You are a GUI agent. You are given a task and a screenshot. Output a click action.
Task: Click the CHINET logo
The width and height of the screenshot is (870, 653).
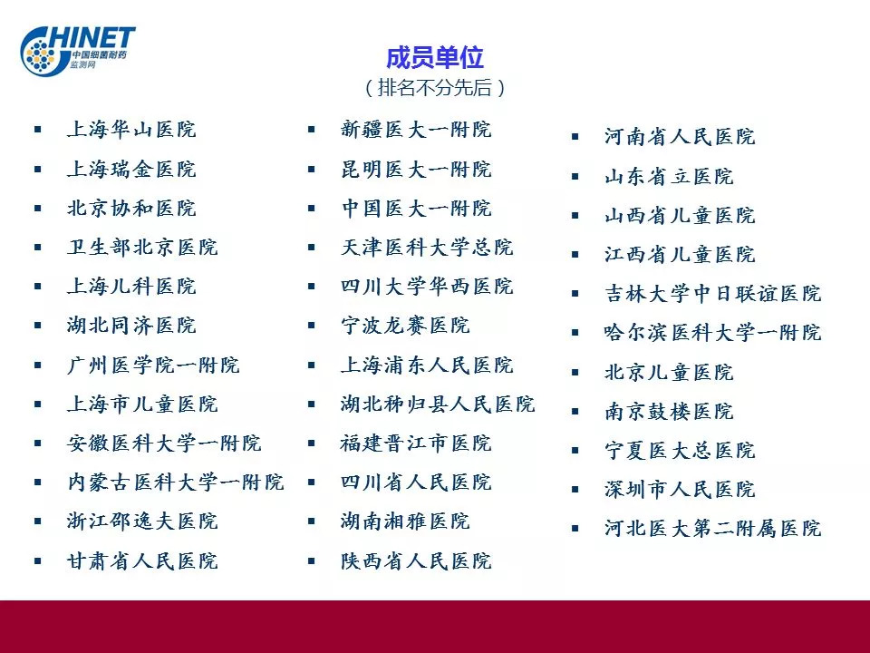tap(78, 50)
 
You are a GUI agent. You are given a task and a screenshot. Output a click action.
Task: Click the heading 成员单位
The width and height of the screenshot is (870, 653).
tap(435, 58)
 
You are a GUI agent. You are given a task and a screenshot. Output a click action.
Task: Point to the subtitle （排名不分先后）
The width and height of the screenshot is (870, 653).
tap(435, 88)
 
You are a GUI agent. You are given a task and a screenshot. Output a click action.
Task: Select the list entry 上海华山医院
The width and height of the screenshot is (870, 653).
tap(131, 130)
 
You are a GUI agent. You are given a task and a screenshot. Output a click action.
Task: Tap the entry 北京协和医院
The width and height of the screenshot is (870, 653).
tap(131, 209)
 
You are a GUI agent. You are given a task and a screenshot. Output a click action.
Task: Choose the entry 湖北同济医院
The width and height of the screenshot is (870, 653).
tap(131, 326)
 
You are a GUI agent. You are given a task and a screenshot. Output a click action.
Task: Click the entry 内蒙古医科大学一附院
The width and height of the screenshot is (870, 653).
tap(175, 482)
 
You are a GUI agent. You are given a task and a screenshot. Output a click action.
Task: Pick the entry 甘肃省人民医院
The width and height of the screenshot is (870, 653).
tap(142, 560)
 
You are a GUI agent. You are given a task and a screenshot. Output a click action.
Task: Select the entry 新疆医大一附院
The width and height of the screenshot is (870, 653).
tap(416, 130)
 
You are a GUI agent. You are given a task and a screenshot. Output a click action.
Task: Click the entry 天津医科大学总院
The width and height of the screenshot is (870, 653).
tap(427, 247)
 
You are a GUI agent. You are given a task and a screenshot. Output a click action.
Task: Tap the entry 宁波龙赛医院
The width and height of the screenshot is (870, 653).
tap(405, 326)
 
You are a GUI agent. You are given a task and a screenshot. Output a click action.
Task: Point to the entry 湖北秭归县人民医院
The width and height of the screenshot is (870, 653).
tap(438, 404)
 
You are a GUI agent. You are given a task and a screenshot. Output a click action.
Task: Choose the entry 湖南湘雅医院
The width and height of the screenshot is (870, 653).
tap(405, 521)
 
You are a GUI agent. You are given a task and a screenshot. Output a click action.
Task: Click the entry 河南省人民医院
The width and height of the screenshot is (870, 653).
tap(680, 137)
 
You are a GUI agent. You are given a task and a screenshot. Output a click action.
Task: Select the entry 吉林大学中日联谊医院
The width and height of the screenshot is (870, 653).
tap(712, 293)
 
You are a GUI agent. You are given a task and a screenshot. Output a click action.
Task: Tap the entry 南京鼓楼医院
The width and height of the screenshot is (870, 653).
tap(669, 412)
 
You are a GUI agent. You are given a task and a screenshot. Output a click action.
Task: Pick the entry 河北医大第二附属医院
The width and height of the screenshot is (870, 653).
tap(712, 528)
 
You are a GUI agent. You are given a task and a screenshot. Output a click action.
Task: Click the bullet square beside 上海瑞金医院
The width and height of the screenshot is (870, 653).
tap(38, 170)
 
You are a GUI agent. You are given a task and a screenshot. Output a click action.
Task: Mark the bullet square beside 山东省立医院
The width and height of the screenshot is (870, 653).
tap(575, 177)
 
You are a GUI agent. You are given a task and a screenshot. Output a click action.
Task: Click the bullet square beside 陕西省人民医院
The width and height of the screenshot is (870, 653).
tap(311, 560)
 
